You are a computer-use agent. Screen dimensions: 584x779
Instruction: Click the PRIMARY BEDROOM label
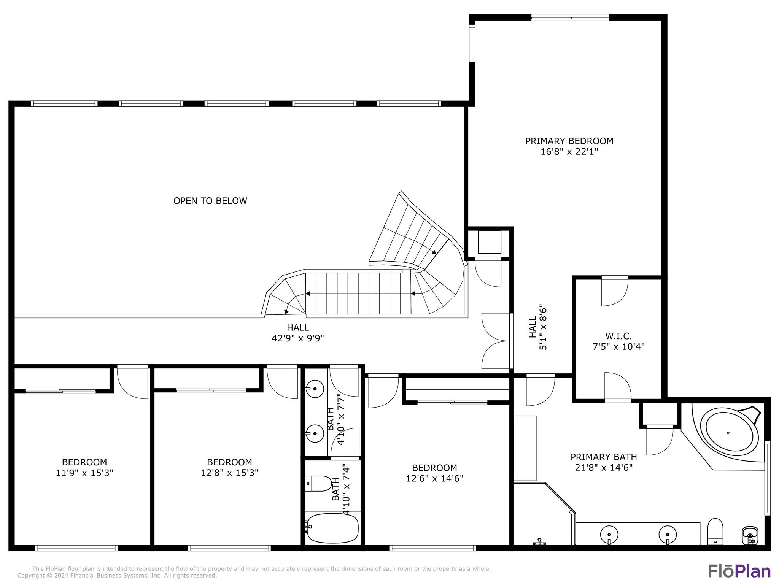pyautogui.click(x=569, y=141)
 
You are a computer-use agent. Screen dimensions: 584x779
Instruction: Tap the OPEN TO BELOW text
pyautogui.click(x=210, y=201)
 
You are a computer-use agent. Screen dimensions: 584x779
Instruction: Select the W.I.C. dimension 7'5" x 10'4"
pyautogui.click(x=618, y=347)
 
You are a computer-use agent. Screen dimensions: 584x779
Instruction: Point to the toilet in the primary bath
pyautogui.click(x=715, y=531)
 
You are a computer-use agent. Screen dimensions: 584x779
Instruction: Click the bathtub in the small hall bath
pyautogui.click(x=332, y=528)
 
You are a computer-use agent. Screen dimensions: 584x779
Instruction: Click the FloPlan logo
pyautogui.click(x=739, y=571)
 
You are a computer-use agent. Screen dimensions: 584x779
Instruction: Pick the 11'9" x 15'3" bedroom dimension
pyautogui.click(x=84, y=473)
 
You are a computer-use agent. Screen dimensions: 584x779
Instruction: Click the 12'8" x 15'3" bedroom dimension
pyautogui.click(x=229, y=473)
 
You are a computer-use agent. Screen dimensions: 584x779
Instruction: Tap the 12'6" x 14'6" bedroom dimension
pyautogui.click(x=434, y=478)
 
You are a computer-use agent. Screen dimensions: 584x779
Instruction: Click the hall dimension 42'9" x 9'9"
pyautogui.click(x=298, y=338)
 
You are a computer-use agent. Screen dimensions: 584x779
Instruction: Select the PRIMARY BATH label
pyautogui.click(x=604, y=457)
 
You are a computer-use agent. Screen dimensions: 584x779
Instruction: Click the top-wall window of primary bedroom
pyautogui.click(x=570, y=17)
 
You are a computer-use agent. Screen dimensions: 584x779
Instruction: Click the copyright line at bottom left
pyautogui.click(x=117, y=576)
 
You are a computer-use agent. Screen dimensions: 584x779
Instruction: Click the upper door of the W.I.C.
pyautogui.click(x=614, y=291)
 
